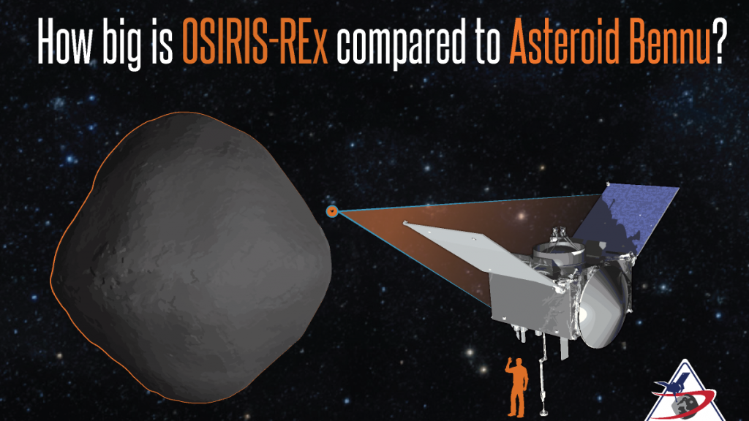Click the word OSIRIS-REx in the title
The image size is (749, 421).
255,42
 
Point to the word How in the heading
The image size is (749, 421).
65,42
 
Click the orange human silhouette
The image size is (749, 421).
517,387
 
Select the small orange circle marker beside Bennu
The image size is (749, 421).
332,211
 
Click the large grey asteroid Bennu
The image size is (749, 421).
191,258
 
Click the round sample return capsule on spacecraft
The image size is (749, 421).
603,305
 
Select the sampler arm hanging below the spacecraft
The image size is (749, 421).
543,372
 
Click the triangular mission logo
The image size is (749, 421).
685,392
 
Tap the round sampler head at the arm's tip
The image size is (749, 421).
543,411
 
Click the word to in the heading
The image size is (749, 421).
488,42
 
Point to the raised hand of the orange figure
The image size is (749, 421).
510,361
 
